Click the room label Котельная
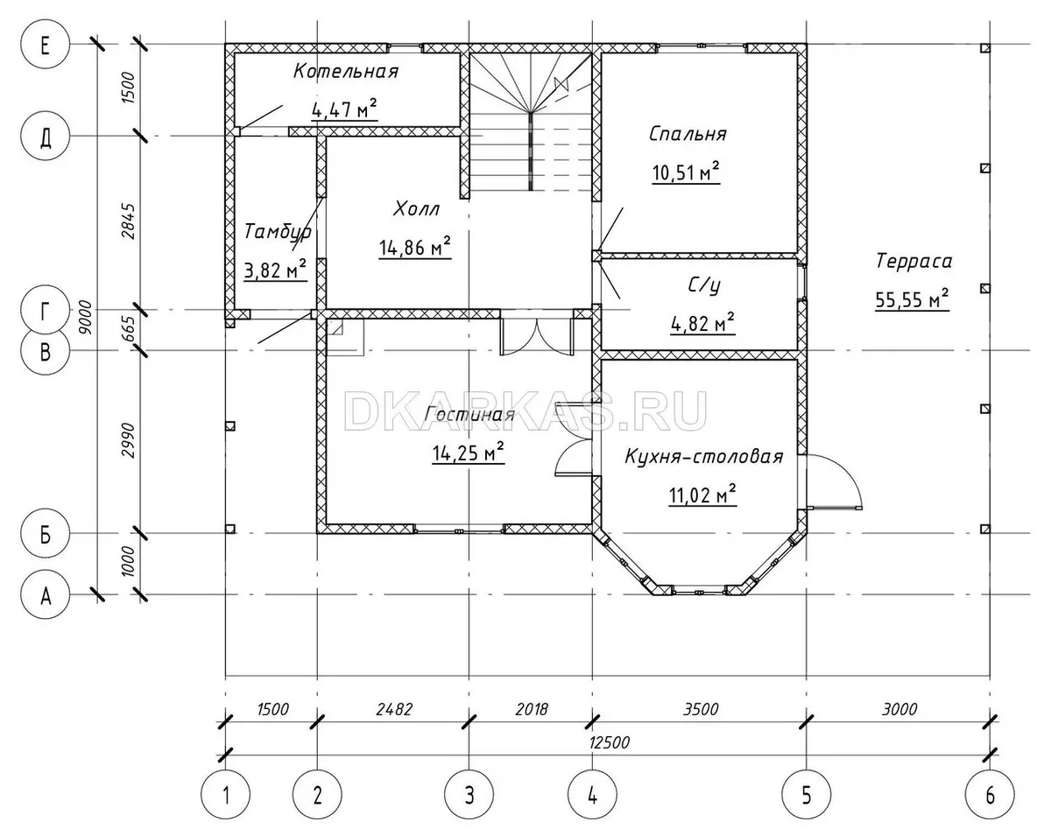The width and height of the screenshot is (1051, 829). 346,72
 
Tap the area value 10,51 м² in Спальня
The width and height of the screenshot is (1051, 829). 686,172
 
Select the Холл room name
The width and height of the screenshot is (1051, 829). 416,209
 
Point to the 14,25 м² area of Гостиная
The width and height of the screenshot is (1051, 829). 468,453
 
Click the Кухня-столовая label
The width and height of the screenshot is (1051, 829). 704,457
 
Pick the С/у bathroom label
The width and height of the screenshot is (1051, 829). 704,286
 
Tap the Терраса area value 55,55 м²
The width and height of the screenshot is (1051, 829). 912,299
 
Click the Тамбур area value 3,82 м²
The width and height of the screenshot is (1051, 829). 275,270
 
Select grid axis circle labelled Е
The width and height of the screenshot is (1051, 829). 45,45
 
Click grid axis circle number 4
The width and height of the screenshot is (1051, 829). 592,796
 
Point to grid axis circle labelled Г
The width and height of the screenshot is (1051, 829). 45,310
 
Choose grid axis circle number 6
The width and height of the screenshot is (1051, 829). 990,796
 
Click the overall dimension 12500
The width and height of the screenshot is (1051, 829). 609,742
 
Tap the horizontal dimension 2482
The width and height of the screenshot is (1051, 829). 394,709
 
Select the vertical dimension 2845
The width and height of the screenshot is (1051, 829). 128,221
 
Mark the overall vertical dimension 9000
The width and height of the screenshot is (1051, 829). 84,318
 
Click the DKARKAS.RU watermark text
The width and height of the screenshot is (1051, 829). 525,411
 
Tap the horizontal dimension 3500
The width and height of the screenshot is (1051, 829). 701,709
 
